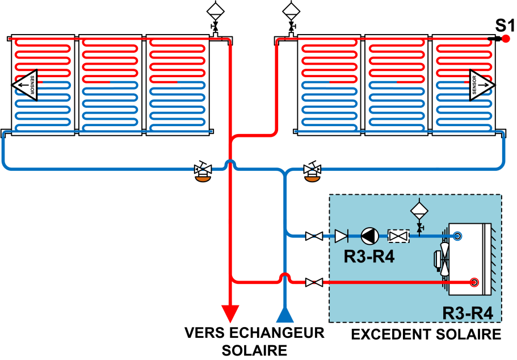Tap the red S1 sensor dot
(506, 39)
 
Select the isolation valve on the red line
(314, 282)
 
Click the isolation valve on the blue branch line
(314, 236)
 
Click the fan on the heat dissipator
(442, 259)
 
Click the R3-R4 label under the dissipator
(467, 312)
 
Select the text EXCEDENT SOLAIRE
(426, 334)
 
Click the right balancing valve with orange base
(311, 173)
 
